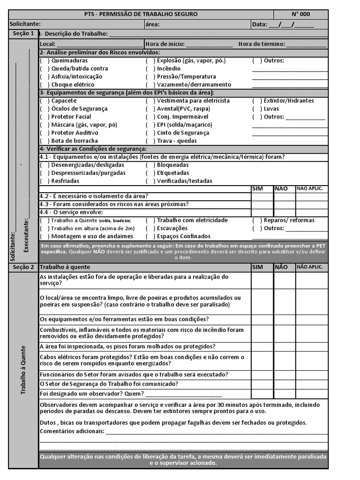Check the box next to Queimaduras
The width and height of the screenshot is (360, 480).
pos(45,60)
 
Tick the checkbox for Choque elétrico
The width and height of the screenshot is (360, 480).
pos(45,84)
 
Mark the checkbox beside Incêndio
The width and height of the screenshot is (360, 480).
pos(150,68)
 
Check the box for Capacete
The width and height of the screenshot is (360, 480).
pos(45,101)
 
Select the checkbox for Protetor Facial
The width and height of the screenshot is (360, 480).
pos(45,117)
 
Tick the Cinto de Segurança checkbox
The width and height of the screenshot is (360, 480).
pos(150,133)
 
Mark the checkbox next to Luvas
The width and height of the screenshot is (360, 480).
pos(257,109)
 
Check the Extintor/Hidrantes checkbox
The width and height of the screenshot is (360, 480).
pos(257,101)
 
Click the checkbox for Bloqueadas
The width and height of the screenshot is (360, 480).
pos(150,165)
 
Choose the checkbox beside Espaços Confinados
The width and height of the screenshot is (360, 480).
pos(150,236)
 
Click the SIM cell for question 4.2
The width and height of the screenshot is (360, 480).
pos(262,196)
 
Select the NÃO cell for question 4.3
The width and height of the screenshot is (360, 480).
pos(284,204)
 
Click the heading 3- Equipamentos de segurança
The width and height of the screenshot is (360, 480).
pos(127,93)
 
